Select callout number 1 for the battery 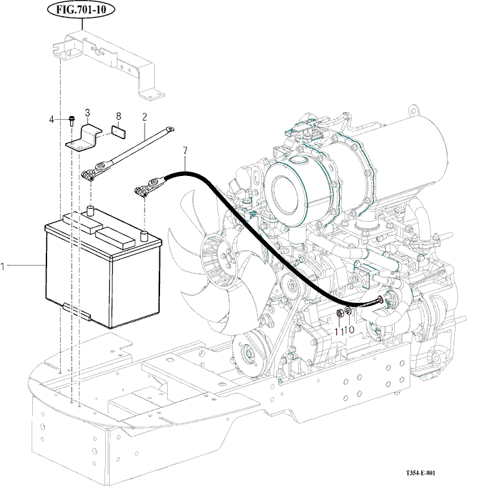pos(3,265)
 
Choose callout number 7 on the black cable pos(185,151)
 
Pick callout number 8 pos(118,116)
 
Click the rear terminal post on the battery pos(91,210)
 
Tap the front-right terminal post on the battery pos(145,233)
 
